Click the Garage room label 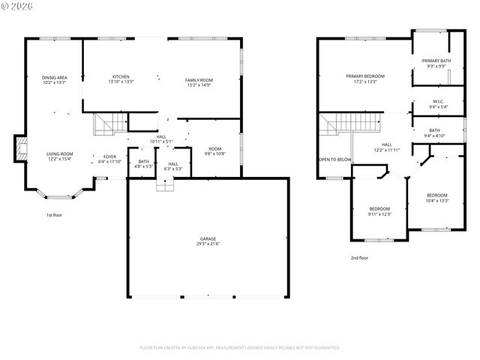(208, 241)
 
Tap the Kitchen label (121, 79)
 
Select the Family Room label (199, 82)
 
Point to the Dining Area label (55, 80)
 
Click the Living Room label (60, 156)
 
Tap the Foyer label (109, 159)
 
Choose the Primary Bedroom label (365, 79)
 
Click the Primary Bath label (436, 63)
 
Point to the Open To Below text (335, 160)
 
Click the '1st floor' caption (54, 215)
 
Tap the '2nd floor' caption (359, 257)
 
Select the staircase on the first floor (109, 124)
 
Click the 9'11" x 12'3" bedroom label (379, 211)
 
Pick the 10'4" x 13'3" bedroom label (436, 198)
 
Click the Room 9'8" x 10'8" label (215, 151)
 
